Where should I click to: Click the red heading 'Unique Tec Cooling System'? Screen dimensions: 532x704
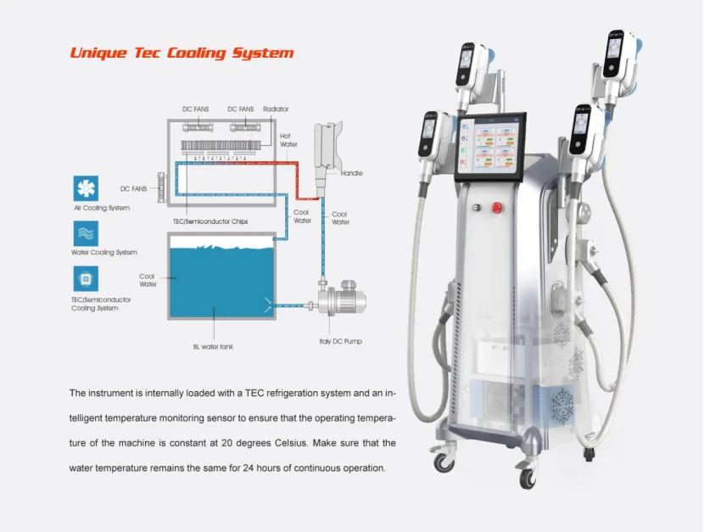(182, 53)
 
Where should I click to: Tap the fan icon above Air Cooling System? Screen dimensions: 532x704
(86, 188)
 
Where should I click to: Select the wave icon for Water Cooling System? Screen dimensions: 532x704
(86, 233)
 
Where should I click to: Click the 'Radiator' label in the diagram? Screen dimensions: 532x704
(276, 109)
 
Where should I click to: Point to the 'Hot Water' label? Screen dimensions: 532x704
(288, 140)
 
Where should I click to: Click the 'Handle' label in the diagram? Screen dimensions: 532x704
(351, 173)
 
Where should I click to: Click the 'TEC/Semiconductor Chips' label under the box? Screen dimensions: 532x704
(210, 221)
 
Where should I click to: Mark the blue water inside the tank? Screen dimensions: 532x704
(221, 280)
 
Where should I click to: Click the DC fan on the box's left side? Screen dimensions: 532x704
(161, 188)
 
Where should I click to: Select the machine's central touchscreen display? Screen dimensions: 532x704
(497, 148)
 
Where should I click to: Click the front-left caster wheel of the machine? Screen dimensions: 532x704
(443, 462)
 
